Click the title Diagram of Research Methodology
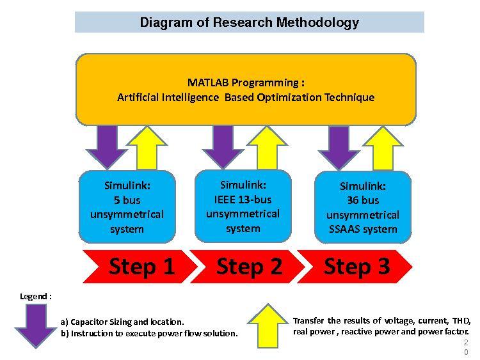249,22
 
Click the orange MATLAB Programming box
246,90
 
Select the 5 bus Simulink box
127,207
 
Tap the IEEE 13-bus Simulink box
243,206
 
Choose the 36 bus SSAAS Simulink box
363,207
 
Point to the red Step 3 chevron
355,267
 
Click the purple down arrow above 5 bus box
107,147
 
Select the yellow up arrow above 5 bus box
147,148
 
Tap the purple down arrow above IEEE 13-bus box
223,147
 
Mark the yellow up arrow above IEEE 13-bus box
267,148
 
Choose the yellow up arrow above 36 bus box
383,148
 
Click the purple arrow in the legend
36,326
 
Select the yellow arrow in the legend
268,326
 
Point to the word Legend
33,297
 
